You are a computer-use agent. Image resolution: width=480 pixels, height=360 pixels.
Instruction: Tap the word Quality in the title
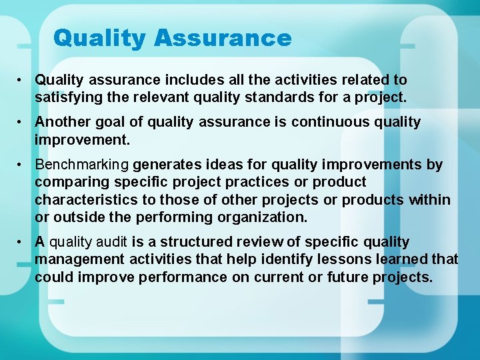click(x=101, y=39)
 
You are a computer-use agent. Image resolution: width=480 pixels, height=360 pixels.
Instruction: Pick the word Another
click(x=62, y=122)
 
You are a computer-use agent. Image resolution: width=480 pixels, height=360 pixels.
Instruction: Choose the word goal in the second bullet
click(x=110, y=122)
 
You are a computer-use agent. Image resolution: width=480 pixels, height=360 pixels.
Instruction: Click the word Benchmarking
click(x=82, y=165)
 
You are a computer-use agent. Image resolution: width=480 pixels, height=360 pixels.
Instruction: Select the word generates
click(x=165, y=165)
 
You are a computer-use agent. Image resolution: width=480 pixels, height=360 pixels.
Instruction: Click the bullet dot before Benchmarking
click(x=22, y=165)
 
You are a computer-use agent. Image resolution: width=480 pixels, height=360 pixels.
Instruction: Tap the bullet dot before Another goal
click(x=22, y=122)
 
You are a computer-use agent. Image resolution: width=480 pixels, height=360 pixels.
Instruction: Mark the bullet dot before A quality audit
click(x=22, y=242)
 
